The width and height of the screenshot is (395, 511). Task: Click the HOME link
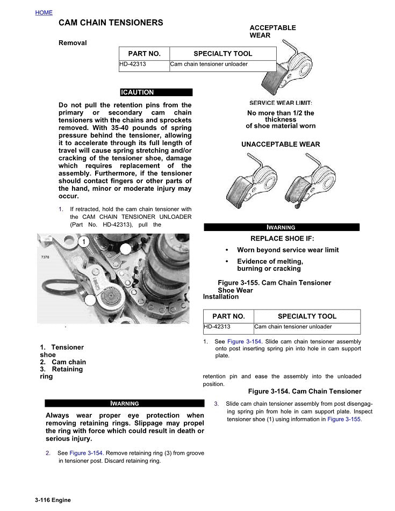coord(44,12)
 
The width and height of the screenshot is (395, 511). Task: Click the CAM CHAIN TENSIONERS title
coord(111,23)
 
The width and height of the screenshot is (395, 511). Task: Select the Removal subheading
coord(73,43)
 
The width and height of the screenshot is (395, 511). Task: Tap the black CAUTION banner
coord(156,92)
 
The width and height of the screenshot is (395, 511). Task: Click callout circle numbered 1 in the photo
coord(84,242)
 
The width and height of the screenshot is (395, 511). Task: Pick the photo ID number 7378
coord(45,257)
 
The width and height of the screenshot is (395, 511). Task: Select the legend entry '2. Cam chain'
coord(63,362)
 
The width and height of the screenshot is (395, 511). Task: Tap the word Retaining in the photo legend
coord(68,370)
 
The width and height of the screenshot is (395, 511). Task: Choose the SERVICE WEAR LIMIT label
coord(281,103)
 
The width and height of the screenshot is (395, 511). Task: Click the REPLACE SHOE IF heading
coord(282,239)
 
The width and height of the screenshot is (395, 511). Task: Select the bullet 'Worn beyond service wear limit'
coord(288,250)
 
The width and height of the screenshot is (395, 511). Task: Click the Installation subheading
coord(221,297)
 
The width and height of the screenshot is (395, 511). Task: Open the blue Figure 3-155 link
coord(344,419)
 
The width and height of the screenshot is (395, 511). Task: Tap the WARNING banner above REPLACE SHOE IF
coord(282,227)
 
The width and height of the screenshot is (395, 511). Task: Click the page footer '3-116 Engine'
coord(53,500)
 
